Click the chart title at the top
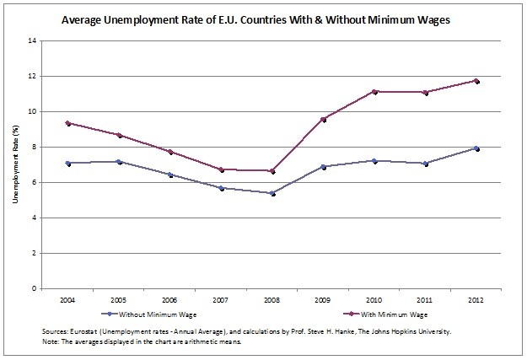[x=263, y=18]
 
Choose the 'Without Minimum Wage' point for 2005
[x=119, y=161]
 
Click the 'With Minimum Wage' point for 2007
[x=221, y=169]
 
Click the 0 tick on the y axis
[x=34, y=288]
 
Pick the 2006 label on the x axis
[x=169, y=298]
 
